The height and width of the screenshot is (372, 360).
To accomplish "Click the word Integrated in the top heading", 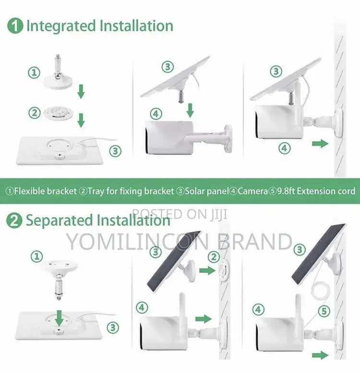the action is click(61, 26).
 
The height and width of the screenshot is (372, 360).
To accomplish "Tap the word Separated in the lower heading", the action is click(60, 221).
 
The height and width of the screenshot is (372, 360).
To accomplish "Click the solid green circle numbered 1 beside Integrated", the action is click(15, 26).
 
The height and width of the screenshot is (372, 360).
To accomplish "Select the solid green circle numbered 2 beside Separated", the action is click(14, 221).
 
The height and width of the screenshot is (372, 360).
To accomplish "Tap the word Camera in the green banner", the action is click(252, 191).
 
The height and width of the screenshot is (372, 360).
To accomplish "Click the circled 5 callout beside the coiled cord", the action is click(324, 311).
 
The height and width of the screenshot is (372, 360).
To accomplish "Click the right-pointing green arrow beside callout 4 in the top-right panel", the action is click(320, 143).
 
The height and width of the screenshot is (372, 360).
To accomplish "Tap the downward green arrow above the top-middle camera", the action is click(190, 110).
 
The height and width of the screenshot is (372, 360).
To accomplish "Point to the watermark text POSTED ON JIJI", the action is click(180, 214).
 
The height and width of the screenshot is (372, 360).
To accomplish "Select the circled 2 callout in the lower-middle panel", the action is click(214, 257).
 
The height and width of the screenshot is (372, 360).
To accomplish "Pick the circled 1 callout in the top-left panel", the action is click(34, 72).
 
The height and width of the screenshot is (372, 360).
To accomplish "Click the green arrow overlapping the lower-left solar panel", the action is click(60, 318).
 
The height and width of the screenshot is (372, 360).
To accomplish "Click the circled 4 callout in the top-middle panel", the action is click(156, 114).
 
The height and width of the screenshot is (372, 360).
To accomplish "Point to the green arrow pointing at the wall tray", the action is click(207, 270).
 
